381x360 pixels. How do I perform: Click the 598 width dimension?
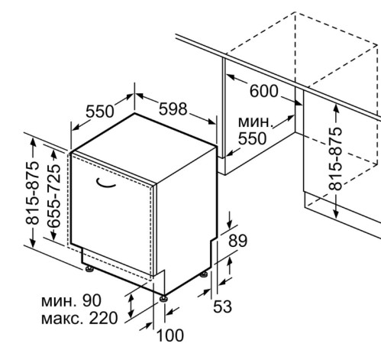click(x=173, y=109)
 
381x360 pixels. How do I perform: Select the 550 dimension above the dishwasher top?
click(x=99, y=112)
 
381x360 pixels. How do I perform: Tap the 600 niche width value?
click(x=264, y=91)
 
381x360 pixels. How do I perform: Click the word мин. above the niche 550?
click(x=256, y=122)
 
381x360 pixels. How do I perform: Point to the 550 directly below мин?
click(x=252, y=138)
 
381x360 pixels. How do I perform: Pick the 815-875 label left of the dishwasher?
click(x=33, y=193)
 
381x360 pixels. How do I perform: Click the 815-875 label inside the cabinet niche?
click(x=335, y=158)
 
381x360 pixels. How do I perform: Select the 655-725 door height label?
click(x=54, y=196)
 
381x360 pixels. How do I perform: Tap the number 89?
click(x=237, y=241)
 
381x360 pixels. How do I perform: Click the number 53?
click(x=222, y=306)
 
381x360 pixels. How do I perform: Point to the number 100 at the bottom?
click(x=170, y=336)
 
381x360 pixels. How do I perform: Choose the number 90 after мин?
click(x=92, y=300)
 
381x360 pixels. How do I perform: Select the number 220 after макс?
click(x=103, y=318)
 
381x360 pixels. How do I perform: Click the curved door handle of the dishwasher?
click(x=105, y=184)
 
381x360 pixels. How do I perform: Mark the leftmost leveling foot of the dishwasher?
click(x=89, y=269)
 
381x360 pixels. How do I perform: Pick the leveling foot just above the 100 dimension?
click(x=163, y=298)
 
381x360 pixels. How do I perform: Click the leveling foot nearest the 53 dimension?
click(x=204, y=274)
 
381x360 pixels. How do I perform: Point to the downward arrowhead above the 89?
click(x=230, y=225)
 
